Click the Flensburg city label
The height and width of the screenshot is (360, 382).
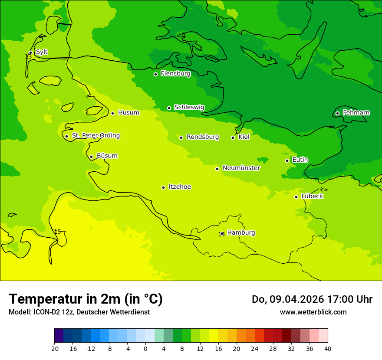[175, 74]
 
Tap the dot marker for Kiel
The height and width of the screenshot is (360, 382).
[233, 137]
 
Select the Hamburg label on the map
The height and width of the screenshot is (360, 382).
[241, 232]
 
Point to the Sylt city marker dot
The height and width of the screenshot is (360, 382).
[30, 52]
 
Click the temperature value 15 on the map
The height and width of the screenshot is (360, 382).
[57, 232]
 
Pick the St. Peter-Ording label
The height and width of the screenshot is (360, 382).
[95, 136]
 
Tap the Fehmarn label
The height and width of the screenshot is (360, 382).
[356, 113]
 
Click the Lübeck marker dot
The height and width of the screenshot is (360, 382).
[296, 197]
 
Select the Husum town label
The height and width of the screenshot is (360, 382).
[128, 113]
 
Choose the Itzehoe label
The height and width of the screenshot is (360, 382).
[180, 187]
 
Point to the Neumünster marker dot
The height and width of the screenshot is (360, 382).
[217, 169]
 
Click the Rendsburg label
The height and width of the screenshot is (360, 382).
[203, 137]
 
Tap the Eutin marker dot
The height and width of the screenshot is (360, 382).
[287, 160]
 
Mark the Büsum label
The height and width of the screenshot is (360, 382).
[107, 156]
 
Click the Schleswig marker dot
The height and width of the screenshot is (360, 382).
[169, 108]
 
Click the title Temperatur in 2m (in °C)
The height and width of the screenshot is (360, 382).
[86, 299]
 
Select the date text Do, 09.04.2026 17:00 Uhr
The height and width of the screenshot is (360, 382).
[312, 299]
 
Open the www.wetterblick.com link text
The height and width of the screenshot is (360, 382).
[313, 312]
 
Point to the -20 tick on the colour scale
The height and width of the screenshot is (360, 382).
[54, 348]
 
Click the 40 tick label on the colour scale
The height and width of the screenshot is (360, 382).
[328, 348]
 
